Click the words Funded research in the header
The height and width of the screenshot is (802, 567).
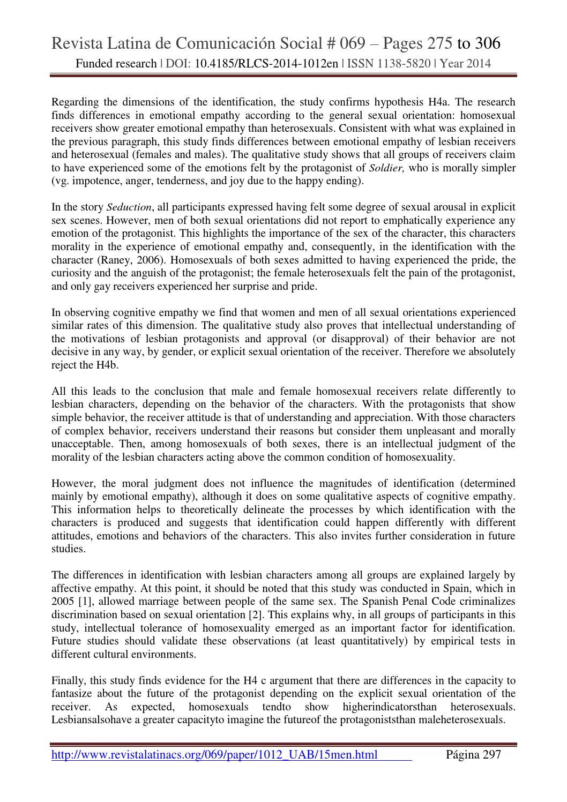pos(116,64)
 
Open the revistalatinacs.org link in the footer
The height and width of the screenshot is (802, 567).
pos(214,755)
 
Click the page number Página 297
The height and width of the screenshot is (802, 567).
pos(473,755)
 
